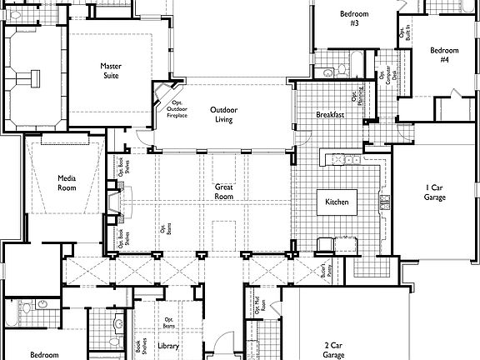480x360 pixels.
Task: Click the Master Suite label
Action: pyautogui.click(x=111, y=71)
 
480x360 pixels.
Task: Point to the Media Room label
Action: pyautogui.click(x=67, y=182)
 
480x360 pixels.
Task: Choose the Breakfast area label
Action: pyautogui.click(x=331, y=115)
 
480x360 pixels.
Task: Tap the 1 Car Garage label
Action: pyautogui.click(x=435, y=192)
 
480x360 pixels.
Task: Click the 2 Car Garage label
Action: pyautogui.click(x=334, y=349)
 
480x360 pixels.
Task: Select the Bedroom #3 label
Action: pyautogui.click(x=354, y=18)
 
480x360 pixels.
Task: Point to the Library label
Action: pyautogui.click(x=167, y=345)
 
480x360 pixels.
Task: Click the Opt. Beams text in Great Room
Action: pyautogui.click(x=162, y=228)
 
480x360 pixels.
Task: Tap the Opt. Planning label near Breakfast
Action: pyautogui.click(x=354, y=92)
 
